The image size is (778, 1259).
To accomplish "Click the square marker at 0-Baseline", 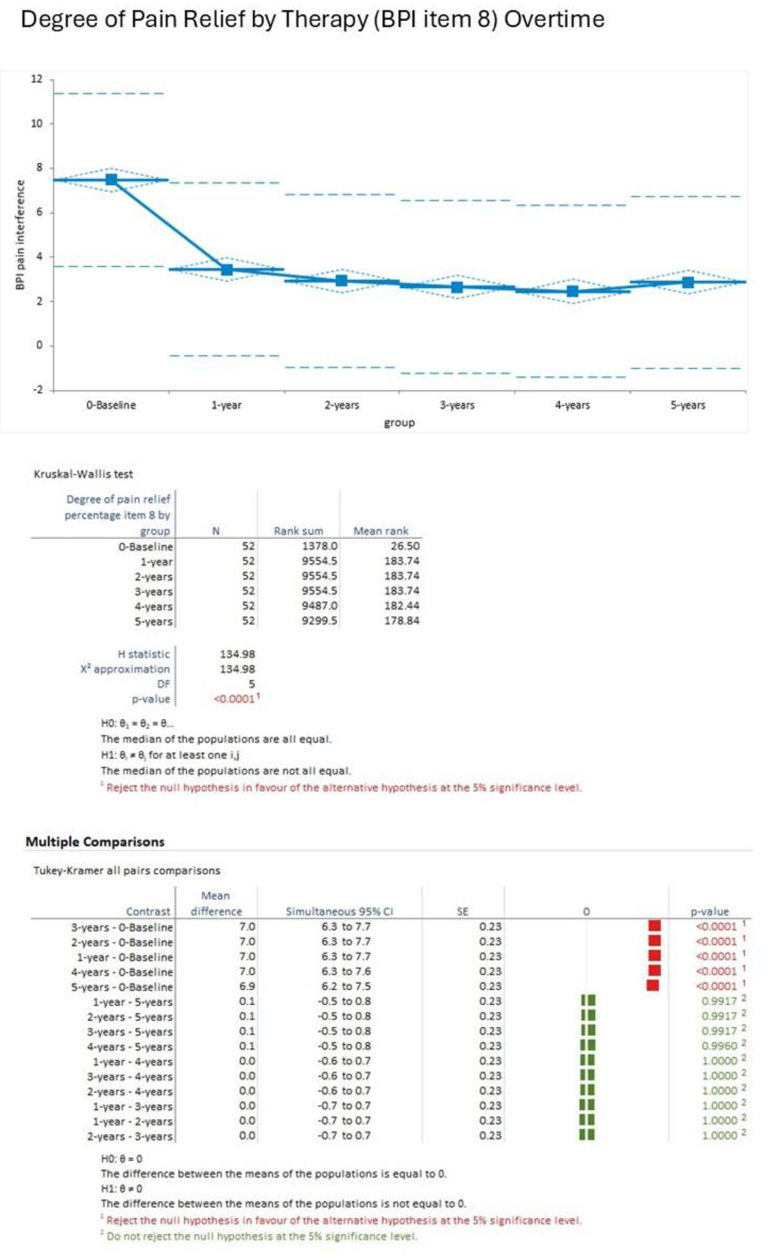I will [111, 179].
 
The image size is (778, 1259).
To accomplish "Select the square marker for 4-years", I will [572, 292].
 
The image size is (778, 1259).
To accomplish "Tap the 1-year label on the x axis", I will [226, 405].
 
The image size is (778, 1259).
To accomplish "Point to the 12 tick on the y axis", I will [36, 79].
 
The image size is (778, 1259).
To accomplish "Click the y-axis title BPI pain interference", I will [20, 235].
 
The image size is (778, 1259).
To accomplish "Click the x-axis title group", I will [399, 423].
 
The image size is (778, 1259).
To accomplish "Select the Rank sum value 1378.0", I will [320, 546].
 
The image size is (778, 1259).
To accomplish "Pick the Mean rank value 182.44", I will [402, 606].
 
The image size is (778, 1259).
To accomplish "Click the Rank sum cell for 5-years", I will [320, 620].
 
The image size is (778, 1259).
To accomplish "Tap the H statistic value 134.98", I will [237, 654].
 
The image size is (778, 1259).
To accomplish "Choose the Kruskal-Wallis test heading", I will [83, 474].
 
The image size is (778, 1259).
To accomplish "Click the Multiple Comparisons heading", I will [95, 842].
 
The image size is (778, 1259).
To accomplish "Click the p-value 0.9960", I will [719, 1046].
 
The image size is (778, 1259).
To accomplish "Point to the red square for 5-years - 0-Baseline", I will [652, 985].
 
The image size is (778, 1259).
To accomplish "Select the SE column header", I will [463, 911].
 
